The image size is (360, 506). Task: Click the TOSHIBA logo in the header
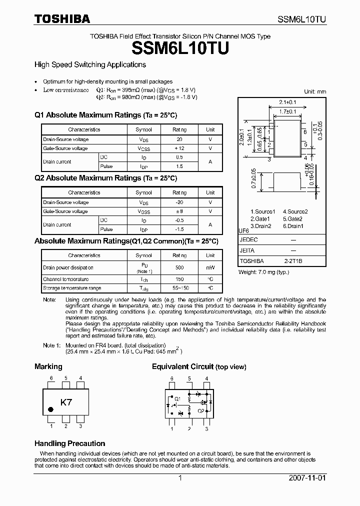(x=62, y=19)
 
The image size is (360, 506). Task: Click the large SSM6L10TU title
(x=180, y=48)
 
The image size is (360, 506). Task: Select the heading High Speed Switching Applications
(x=90, y=64)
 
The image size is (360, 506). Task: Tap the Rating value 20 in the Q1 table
(x=179, y=139)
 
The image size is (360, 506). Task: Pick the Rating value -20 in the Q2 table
(x=179, y=202)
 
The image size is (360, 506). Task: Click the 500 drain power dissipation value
(x=179, y=267)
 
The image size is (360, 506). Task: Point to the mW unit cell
(x=210, y=267)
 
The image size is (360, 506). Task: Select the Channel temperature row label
(x=65, y=279)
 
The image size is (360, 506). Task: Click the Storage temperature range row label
(x=71, y=288)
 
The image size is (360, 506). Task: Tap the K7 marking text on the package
(x=66, y=402)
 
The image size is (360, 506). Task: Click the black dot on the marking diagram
(x=50, y=409)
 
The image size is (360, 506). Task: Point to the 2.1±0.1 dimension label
(x=281, y=102)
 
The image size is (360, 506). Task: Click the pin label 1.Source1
(x=262, y=211)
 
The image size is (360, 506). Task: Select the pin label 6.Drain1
(x=293, y=226)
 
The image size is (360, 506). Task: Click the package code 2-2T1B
(x=293, y=261)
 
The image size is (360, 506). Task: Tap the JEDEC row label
(x=248, y=239)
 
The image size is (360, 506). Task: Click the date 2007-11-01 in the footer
(x=307, y=478)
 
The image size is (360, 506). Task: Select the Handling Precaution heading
(x=69, y=443)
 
